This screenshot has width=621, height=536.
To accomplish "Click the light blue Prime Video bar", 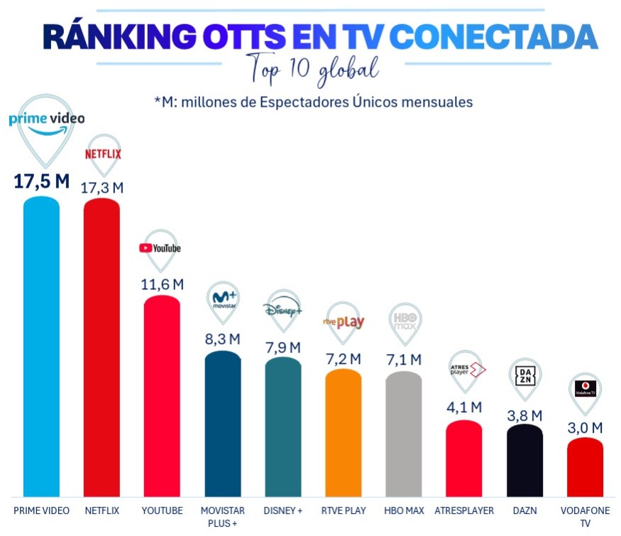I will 41,348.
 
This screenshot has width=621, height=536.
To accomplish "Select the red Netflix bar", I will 101,348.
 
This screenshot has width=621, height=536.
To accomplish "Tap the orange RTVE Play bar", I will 344,434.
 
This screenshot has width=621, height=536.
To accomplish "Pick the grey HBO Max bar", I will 404,434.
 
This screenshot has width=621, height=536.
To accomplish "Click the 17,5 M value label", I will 42,181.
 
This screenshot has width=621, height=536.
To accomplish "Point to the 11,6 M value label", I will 163,284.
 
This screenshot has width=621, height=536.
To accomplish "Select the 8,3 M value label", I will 223,339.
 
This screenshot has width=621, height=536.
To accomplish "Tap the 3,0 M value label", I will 586,427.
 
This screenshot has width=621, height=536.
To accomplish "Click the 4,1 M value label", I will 465,408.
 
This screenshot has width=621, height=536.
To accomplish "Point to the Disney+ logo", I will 282,310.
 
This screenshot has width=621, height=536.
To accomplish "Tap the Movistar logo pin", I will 223,299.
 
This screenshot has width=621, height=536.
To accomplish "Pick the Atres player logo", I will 466,370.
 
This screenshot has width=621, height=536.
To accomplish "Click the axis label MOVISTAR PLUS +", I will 222,517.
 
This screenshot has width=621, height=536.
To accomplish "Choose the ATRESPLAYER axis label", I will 464,511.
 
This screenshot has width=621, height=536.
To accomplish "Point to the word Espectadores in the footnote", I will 302,102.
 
